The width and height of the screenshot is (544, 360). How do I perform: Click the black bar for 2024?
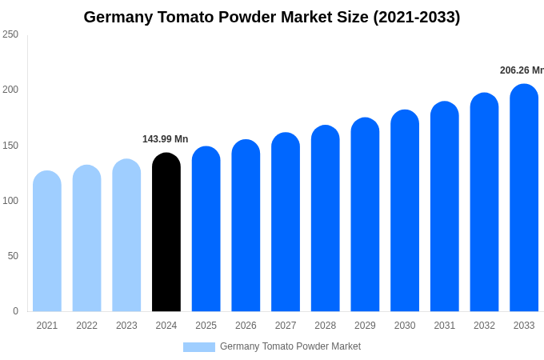tap(166, 232)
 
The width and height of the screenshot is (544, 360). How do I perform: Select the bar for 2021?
tap(47, 241)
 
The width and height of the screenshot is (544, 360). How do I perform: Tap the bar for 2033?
tap(524, 198)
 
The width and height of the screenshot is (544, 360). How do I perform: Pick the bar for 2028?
tap(326, 218)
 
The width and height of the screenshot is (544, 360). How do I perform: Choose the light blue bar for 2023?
tap(126, 235)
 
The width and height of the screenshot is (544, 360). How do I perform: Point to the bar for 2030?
tap(405, 210)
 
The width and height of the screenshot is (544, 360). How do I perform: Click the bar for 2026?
tap(246, 226)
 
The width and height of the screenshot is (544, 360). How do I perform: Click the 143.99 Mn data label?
tap(166, 139)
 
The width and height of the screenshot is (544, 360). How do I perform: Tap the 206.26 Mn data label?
tap(522, 70)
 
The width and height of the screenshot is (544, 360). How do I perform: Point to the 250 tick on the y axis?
tap(10, 34)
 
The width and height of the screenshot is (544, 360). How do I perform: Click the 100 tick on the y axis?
tap(10, 201)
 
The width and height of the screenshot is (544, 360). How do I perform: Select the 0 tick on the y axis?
tap(15, 311)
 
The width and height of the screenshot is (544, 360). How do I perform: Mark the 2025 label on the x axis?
tap(206, 326)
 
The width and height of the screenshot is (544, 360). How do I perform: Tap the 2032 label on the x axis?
tap(484, 326)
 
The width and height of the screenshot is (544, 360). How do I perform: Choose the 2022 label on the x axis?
tap(87, 326)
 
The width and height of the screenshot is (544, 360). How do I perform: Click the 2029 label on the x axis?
tap(365, 326)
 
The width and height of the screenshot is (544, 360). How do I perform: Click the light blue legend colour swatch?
tap(199, 346)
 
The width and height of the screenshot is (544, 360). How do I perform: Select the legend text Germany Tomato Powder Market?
tap(290, 346)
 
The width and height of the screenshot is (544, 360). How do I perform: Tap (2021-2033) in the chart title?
tap(416, 17)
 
